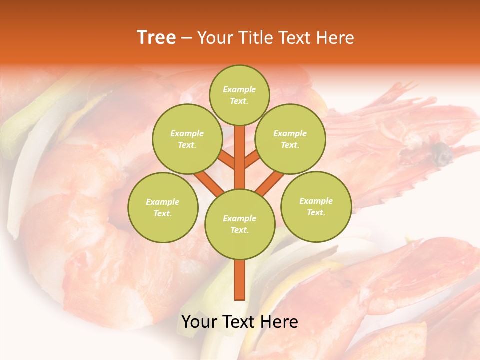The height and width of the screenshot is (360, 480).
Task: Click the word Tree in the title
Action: pos(156,38)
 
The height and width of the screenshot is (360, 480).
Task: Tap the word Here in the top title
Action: pos(335,38)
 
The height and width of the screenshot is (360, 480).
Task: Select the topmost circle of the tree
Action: pos(239,95)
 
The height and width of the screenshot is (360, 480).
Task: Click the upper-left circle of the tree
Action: pos(187,139)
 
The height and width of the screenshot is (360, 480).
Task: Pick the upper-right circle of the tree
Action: pos(290,139)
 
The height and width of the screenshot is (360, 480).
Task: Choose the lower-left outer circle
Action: pos(163,207)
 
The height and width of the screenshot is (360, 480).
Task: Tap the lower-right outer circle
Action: pos(316,206)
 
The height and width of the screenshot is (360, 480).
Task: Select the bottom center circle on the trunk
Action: pos(240,224)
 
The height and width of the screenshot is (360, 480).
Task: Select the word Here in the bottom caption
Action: pos(279,322)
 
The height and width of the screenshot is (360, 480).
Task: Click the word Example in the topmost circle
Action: pos(239,89)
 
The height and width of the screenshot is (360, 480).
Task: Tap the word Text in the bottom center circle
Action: pos(239,230)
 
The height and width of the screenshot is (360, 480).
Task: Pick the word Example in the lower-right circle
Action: pos(316,201)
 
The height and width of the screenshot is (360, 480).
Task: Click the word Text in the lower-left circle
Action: pos(162,213)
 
